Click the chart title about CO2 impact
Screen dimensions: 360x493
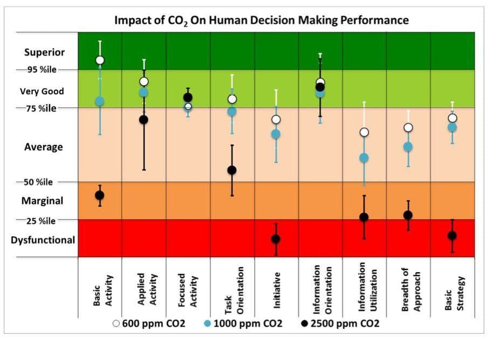pos(262,21)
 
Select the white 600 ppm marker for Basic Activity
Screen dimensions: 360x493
pos(100,60)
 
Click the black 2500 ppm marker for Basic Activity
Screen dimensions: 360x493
pos(100,195)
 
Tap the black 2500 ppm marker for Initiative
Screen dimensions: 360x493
pos(276,239)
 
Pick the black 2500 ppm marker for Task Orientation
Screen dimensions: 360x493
pos(232,170)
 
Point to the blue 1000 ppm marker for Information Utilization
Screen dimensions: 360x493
pos(364,158)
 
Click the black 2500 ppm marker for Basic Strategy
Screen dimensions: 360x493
pos(452,235)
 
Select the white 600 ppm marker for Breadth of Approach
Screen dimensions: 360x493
pos(408,127)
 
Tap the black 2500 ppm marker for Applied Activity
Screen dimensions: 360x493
pos(144,119)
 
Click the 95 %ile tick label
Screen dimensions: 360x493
pos(38,70)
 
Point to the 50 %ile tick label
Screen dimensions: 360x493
pos(38,182)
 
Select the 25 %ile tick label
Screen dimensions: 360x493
pos(38,221)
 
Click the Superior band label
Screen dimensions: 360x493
pos(44,52)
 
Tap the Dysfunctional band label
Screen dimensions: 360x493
pos(43,240)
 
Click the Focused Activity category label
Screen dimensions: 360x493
pos(188,290)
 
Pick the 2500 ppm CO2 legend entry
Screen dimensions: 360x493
pos(338,323)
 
